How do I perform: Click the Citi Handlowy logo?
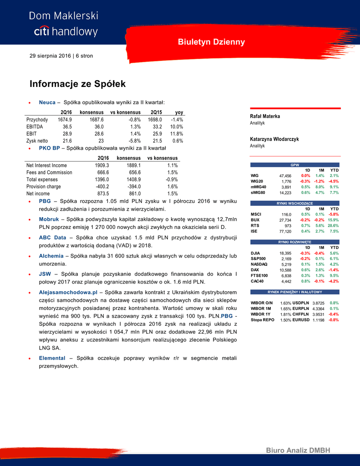pos(63,24)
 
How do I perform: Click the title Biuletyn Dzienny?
pos(211,42)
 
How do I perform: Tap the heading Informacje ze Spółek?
pos(77,84)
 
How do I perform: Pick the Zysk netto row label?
pos(37,141)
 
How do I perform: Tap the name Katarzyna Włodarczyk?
pos(274,139)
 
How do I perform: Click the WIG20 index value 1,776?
pos(286,181)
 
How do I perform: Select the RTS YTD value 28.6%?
pos(333,225)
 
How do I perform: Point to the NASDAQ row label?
pos(259,264)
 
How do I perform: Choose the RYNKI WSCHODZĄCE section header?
pos(295,203)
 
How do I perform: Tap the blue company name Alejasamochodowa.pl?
pos(68,292)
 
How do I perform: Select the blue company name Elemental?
pos(52,358)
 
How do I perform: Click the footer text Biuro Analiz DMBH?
pos(298,450)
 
